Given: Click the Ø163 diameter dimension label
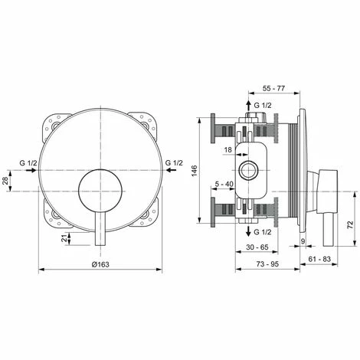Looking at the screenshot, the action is pyautogui.click(x=100, y=264).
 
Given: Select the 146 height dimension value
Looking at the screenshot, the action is pyautogui.click(x=195, y=171).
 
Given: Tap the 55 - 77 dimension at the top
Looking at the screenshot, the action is pyautogui.click(x=273, y=88).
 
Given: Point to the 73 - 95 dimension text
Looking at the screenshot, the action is pyautogui.click(x=267, y=264).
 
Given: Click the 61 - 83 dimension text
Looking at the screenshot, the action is pyautogui.click(x=319, y=259).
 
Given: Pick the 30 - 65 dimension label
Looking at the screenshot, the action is pyautogui.click(x=257, y=247).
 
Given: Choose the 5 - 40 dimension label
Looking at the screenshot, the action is pyautogui.click(x=224, y=184).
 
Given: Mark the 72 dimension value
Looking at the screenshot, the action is pyautogui.click(x=350, y=224).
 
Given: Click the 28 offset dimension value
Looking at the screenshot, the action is pyautogui.click(x=5, y=181).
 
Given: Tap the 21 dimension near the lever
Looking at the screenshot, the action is pyautogui.click(x=65, y=238).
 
